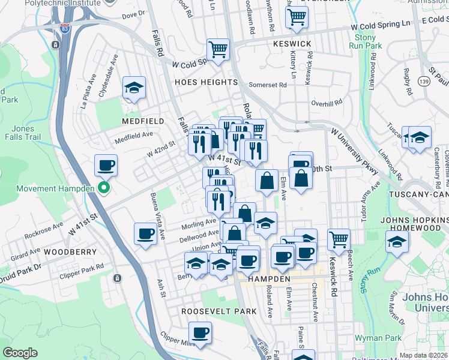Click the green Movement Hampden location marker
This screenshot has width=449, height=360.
pos(103,189)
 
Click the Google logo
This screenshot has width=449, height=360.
pos(20,353)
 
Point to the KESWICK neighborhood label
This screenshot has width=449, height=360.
pos(292,44)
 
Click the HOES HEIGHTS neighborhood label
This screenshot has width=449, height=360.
pos(206,82)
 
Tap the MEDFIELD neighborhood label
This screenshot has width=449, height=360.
pos(143,121)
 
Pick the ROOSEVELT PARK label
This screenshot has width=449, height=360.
pos(219,311)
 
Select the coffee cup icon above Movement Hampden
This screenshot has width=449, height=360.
pos(106,165)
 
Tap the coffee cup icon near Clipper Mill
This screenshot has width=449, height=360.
pos(200,332)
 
